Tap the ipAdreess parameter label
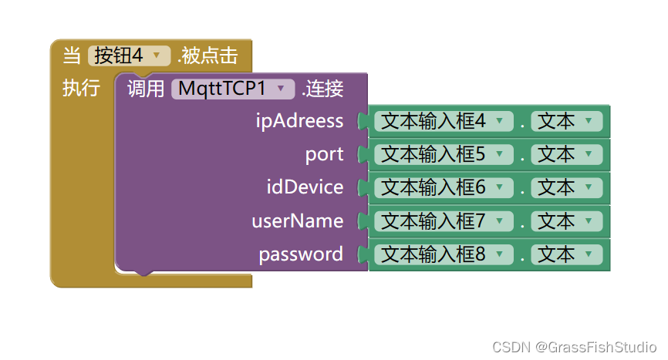tap(300, 121)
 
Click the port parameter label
tap(325, 154)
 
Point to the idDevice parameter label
tap(305, 187)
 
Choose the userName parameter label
tap(298, 221)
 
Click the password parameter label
tap(301, 254)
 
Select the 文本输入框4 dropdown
tap(443, 121)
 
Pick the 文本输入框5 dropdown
tap(443, 154)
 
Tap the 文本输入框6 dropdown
tap(443, 187)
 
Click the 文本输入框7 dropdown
tap(443, 221)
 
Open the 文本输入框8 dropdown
tap(443, 254)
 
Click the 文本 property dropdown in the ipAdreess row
tap(566, 121)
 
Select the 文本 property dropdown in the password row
tap(566, 254)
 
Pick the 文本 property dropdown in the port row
tap(566, 154)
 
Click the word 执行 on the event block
tap(80, 89)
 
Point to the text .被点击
tap(207, 56)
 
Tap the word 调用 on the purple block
tap(146, 89)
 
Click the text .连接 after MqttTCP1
tap(322, 89)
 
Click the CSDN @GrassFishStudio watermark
tap(575, 347)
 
